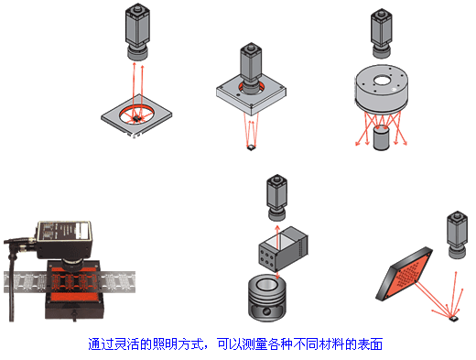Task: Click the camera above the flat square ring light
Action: point(137,32)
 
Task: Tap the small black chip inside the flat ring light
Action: point(136,118)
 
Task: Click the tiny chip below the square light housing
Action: point(251,148)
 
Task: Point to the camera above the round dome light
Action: point(382,33)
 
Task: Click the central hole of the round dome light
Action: point(382,81)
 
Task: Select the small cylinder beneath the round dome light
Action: point(382,137)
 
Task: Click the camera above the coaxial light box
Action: point(277,197)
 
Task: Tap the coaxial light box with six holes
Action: point(283,249)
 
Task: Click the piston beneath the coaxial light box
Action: point(267,298)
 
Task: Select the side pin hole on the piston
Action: point(266,311)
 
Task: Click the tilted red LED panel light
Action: point(405,274)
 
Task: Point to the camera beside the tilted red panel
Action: point(457,235)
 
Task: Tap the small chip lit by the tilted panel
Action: point(454,319)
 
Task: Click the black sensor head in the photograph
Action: point(64,239)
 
